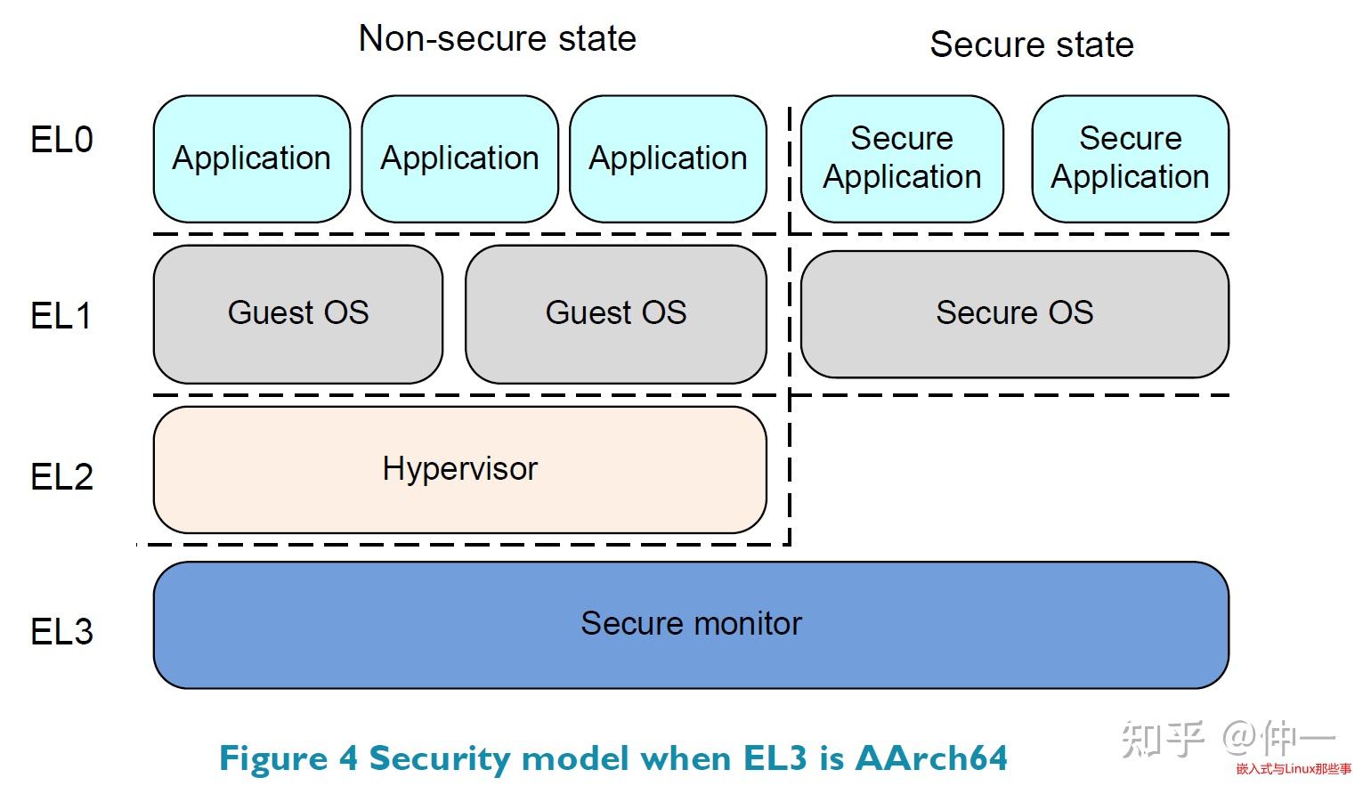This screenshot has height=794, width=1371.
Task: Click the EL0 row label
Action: [x=61, y=141]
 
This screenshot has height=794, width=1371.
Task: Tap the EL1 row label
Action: [x=61, y=316]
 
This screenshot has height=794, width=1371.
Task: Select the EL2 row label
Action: [x=61, y=477]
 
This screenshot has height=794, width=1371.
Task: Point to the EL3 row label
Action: [x=61, y=632]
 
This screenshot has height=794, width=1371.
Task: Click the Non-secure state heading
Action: [x=497, y=39]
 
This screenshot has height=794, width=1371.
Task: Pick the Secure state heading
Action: [x=1031, y=45]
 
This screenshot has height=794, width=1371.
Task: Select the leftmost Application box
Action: [x=252, y=158]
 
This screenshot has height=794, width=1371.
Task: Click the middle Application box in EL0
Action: [x=459, y=158]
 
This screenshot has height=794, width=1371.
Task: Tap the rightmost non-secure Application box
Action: [x=668, y=158]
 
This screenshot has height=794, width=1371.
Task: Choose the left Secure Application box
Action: [x=902, y=158]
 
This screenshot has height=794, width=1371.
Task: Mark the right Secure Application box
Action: [x=1130, y=158]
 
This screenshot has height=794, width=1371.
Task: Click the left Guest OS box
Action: [x=298, y=313]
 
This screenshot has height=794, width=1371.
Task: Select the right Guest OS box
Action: [x=615, y=313]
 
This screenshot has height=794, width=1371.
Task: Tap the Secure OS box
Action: [x=1014, y=313]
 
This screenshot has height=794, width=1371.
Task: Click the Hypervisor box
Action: [x=459, y=469]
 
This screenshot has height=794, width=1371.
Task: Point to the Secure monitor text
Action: [x=691, y=624]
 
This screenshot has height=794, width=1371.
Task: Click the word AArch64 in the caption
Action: [x=931, y=758]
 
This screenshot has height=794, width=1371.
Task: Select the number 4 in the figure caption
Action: [x=348, y=758]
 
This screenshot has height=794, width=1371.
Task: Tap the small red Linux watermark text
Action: [x=1293, y=769]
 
